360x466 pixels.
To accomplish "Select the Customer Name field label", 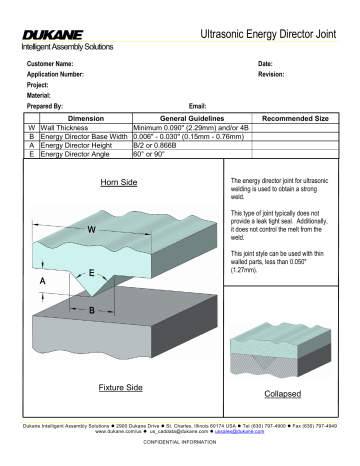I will coord(51,63).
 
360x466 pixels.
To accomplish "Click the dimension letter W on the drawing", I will coord(91,230).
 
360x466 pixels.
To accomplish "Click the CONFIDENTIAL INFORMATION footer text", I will coord(180,440).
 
